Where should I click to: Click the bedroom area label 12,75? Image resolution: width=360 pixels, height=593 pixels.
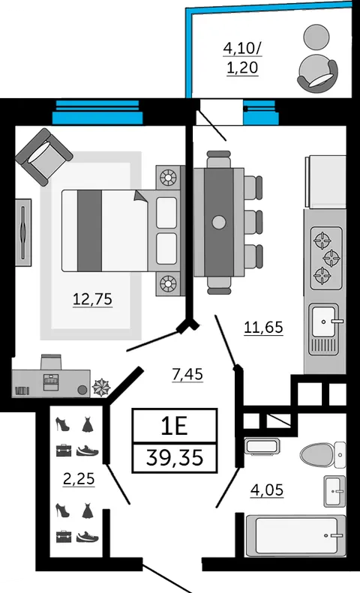[93, 299]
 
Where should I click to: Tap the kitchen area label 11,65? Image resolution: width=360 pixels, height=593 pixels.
[263, 327]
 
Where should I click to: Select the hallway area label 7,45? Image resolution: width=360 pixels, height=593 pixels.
[187, 374]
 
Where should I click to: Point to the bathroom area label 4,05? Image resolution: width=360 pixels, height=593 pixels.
[267, 490]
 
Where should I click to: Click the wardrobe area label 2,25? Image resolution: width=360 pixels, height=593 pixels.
[79, 479]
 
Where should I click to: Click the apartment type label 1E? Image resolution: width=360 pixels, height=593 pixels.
[174, 427]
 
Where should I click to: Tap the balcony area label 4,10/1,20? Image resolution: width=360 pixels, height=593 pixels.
[242, 58]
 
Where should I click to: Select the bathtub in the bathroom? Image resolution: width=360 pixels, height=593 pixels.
[296, 535]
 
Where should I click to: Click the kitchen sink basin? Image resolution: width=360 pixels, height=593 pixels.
[323, 322]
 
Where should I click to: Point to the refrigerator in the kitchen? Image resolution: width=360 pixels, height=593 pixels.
[325, 182]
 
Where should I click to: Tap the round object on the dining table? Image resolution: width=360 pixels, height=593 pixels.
[219, 222]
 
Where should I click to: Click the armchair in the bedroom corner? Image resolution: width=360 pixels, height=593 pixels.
[43, 157]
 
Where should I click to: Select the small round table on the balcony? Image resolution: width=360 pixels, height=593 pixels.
[316, 36]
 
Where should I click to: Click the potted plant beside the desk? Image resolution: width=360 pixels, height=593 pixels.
[102, 388]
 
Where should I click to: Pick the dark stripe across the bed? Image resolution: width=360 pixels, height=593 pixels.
[89, 231]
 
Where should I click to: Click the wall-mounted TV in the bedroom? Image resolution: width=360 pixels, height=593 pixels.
[23, 232]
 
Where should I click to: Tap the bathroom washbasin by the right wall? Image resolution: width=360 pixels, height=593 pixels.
[334, 491]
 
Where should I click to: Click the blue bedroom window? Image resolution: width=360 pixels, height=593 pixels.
[97, 112]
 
